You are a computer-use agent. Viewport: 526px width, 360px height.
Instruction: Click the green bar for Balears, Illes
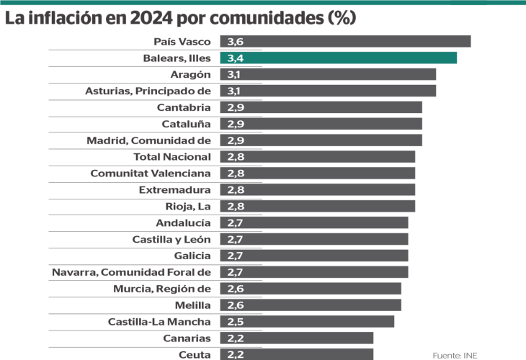coord(338,58)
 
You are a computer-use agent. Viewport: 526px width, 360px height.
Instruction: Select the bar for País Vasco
coord(345,42)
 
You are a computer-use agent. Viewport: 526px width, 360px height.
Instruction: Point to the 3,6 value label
coord(234,42)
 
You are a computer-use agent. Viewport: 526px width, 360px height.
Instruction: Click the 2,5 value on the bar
coord(234,321)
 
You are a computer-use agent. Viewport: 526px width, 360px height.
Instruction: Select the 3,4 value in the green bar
coord(234,58)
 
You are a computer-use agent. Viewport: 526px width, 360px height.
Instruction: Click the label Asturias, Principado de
coord(148,91)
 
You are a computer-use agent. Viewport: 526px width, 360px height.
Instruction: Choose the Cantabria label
coord(184,107)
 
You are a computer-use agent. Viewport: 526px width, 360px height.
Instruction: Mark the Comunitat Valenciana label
coord(151,173)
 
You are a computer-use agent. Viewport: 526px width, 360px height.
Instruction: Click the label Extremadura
coord(174,189)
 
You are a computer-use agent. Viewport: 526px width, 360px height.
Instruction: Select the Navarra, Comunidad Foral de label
coord(131,272)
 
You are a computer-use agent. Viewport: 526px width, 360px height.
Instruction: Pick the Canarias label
coord(187,338)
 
